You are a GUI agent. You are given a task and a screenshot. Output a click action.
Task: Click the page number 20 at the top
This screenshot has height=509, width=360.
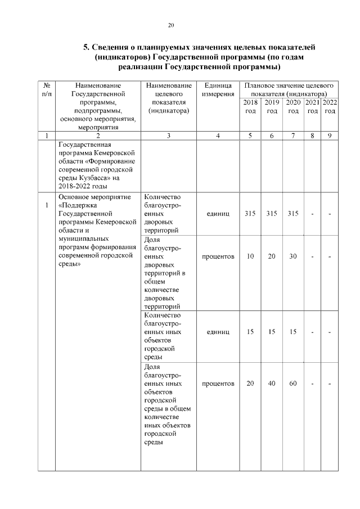click(x=172, y=25)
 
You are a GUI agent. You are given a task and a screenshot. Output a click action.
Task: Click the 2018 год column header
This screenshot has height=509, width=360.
click(x=250, y=107)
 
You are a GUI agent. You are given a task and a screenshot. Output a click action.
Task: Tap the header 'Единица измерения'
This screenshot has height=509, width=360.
click(x=218, y=89)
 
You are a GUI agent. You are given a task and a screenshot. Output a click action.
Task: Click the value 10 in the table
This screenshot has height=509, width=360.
click(x=250, y=256)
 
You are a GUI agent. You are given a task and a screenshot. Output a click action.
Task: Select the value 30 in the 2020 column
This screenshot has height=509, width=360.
click(x=293, y=256)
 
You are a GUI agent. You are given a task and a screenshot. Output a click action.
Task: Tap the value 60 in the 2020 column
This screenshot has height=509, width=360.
click(x=293, y=384)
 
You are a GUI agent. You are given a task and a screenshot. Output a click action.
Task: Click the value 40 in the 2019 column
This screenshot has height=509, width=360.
click(x=272, y=384)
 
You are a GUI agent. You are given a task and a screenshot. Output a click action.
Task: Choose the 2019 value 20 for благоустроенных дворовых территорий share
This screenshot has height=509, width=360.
click(x=272, y=256)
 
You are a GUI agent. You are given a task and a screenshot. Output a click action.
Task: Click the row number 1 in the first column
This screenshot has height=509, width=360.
click(x=46, y=205)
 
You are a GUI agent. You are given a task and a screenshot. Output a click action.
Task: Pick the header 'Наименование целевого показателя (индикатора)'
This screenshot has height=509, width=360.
click(x=168, y=98)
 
